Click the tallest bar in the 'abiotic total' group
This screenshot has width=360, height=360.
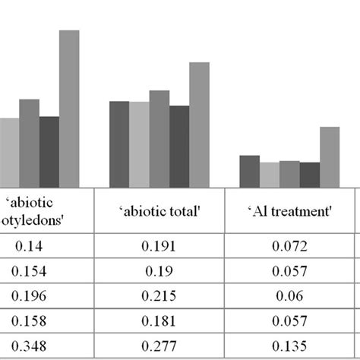click(x=199, y=125)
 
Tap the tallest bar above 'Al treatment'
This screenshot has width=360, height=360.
click(x=330, y=157)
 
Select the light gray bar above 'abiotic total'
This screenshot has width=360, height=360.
click(x=139, y=144)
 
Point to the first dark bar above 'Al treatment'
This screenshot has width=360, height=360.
click(x=249, y=171)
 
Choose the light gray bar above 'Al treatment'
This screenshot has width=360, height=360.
click(x=270, y=175)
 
